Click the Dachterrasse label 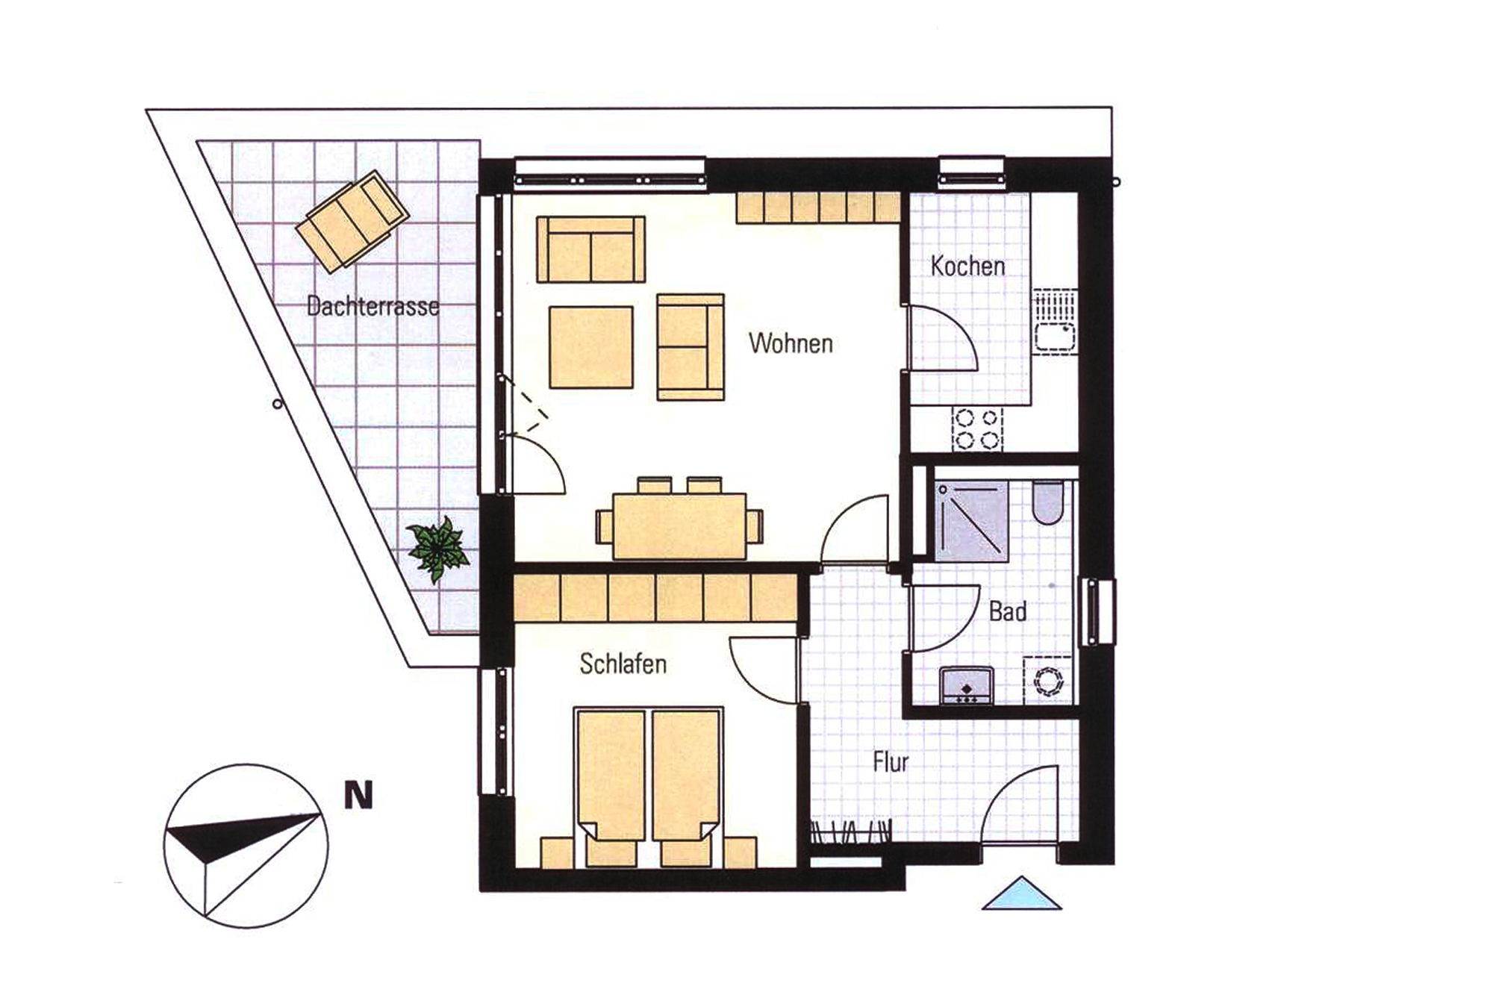(x=373, y=306)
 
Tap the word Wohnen (x=791, y=343)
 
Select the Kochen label (x=967, y=266)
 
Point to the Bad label (x=1008, y=612)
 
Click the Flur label (x=891, y=762)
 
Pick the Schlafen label (x=623, y=664)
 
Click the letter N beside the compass (x=358, y=796)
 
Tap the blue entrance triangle (x=1021, y=893)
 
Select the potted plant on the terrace (x=438, y=549)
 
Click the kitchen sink (x=1054, y=322)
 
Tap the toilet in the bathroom (x=1048, y=502)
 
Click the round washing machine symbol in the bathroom (x=1048, y=681)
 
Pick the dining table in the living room (x=679, y=526)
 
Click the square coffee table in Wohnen (x=591, y=347)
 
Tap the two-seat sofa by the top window (x=591, y=249)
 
